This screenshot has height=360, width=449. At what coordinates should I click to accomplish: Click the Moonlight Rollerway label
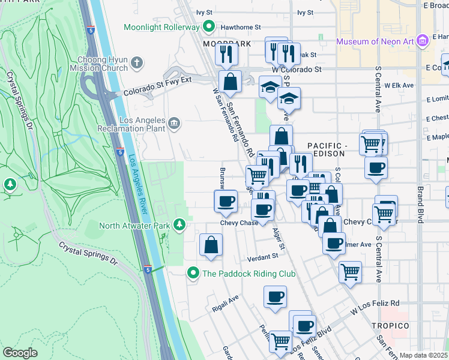click(x=161, y=27)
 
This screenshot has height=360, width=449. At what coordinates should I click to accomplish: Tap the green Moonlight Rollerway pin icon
click(x=208, y=26)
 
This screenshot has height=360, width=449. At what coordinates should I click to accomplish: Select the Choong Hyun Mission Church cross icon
click(x=137, y=62)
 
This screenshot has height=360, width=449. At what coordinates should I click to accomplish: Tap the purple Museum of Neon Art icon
click(x=422, y=41)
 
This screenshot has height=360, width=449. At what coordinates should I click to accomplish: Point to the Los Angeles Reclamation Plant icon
click(x=174, y=124)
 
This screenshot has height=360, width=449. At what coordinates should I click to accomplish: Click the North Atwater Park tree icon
click(x=179, y=225)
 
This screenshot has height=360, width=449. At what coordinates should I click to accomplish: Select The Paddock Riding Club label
click(x=249, y=274)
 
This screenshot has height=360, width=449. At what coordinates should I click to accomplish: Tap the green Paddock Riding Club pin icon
click(x=193, y=273)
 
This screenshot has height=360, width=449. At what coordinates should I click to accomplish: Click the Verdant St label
click(x=263, y=256)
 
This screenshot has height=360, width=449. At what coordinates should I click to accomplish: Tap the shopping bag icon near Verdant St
click(x=211, y=245)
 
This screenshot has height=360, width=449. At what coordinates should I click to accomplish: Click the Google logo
click(x=20, y=353)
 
